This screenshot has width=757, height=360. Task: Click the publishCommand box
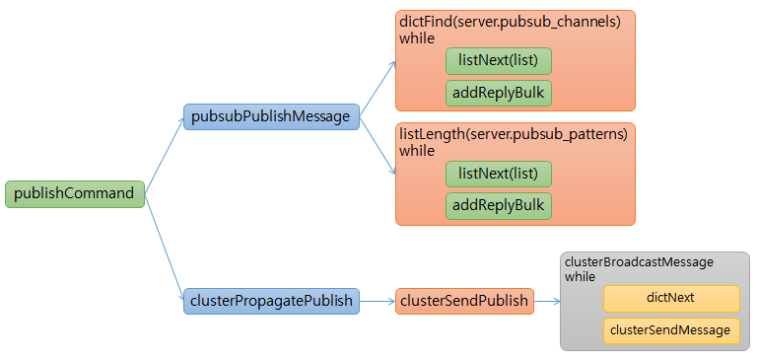[75, 193]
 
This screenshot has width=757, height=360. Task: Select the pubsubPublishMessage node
[271, 116]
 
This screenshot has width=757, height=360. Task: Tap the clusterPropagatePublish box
[271, 301]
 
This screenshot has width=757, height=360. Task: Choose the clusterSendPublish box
[465, 301]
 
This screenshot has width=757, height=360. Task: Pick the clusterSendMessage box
[671, 330]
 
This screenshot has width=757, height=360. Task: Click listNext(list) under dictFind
[498, 61]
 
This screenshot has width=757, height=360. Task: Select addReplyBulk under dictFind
[498, 94]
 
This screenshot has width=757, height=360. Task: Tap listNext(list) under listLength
[498, 174]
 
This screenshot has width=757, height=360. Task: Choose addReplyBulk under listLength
[498, 205]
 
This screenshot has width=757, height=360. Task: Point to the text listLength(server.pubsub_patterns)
[514, 135]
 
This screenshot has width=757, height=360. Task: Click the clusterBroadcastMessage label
[638, 262]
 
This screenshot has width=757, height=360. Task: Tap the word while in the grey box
[581, 277]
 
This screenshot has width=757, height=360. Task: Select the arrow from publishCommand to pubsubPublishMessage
[164, 155]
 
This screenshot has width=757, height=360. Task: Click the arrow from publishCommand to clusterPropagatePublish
[164, 246]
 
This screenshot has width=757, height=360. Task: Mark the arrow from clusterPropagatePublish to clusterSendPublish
[378, 301]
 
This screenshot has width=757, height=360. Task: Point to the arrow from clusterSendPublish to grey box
[546, 301]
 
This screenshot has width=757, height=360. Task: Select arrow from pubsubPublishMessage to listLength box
[378, 146]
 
